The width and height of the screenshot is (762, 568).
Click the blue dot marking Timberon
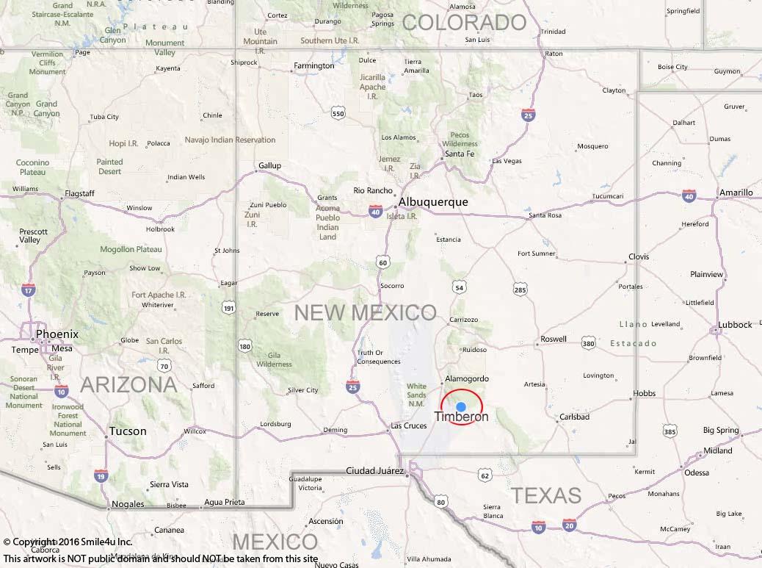(x=461, y=406)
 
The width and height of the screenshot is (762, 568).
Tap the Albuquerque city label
(x=433, y=202)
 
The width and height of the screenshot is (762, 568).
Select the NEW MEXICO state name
(x=365, y=312)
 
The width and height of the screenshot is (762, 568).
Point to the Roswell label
(x=553, y=339)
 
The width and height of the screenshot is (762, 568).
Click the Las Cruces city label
(x=409, y=426)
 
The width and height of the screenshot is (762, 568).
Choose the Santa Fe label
(x=460, y=154)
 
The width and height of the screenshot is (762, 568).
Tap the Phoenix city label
(x=57, y=334)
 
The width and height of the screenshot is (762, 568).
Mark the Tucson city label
(x=128, y=431)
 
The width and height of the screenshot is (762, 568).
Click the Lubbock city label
(x=735, y=324)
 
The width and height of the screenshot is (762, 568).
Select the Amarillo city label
(x=736, y=193)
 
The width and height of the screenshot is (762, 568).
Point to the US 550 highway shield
(x=338, y=113)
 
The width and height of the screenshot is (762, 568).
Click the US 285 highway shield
(x=520, y=290)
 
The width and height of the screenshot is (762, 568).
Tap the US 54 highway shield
(x=460, y=287)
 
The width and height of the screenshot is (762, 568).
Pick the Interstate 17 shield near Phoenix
(x=29, y=291)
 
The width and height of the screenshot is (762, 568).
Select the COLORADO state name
(x=465, y=22)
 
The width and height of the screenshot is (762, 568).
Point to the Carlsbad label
(x=574, y=417)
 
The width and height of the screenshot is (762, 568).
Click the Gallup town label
(x=269, y=165)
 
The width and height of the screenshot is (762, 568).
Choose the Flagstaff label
(x=79, y=193)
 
